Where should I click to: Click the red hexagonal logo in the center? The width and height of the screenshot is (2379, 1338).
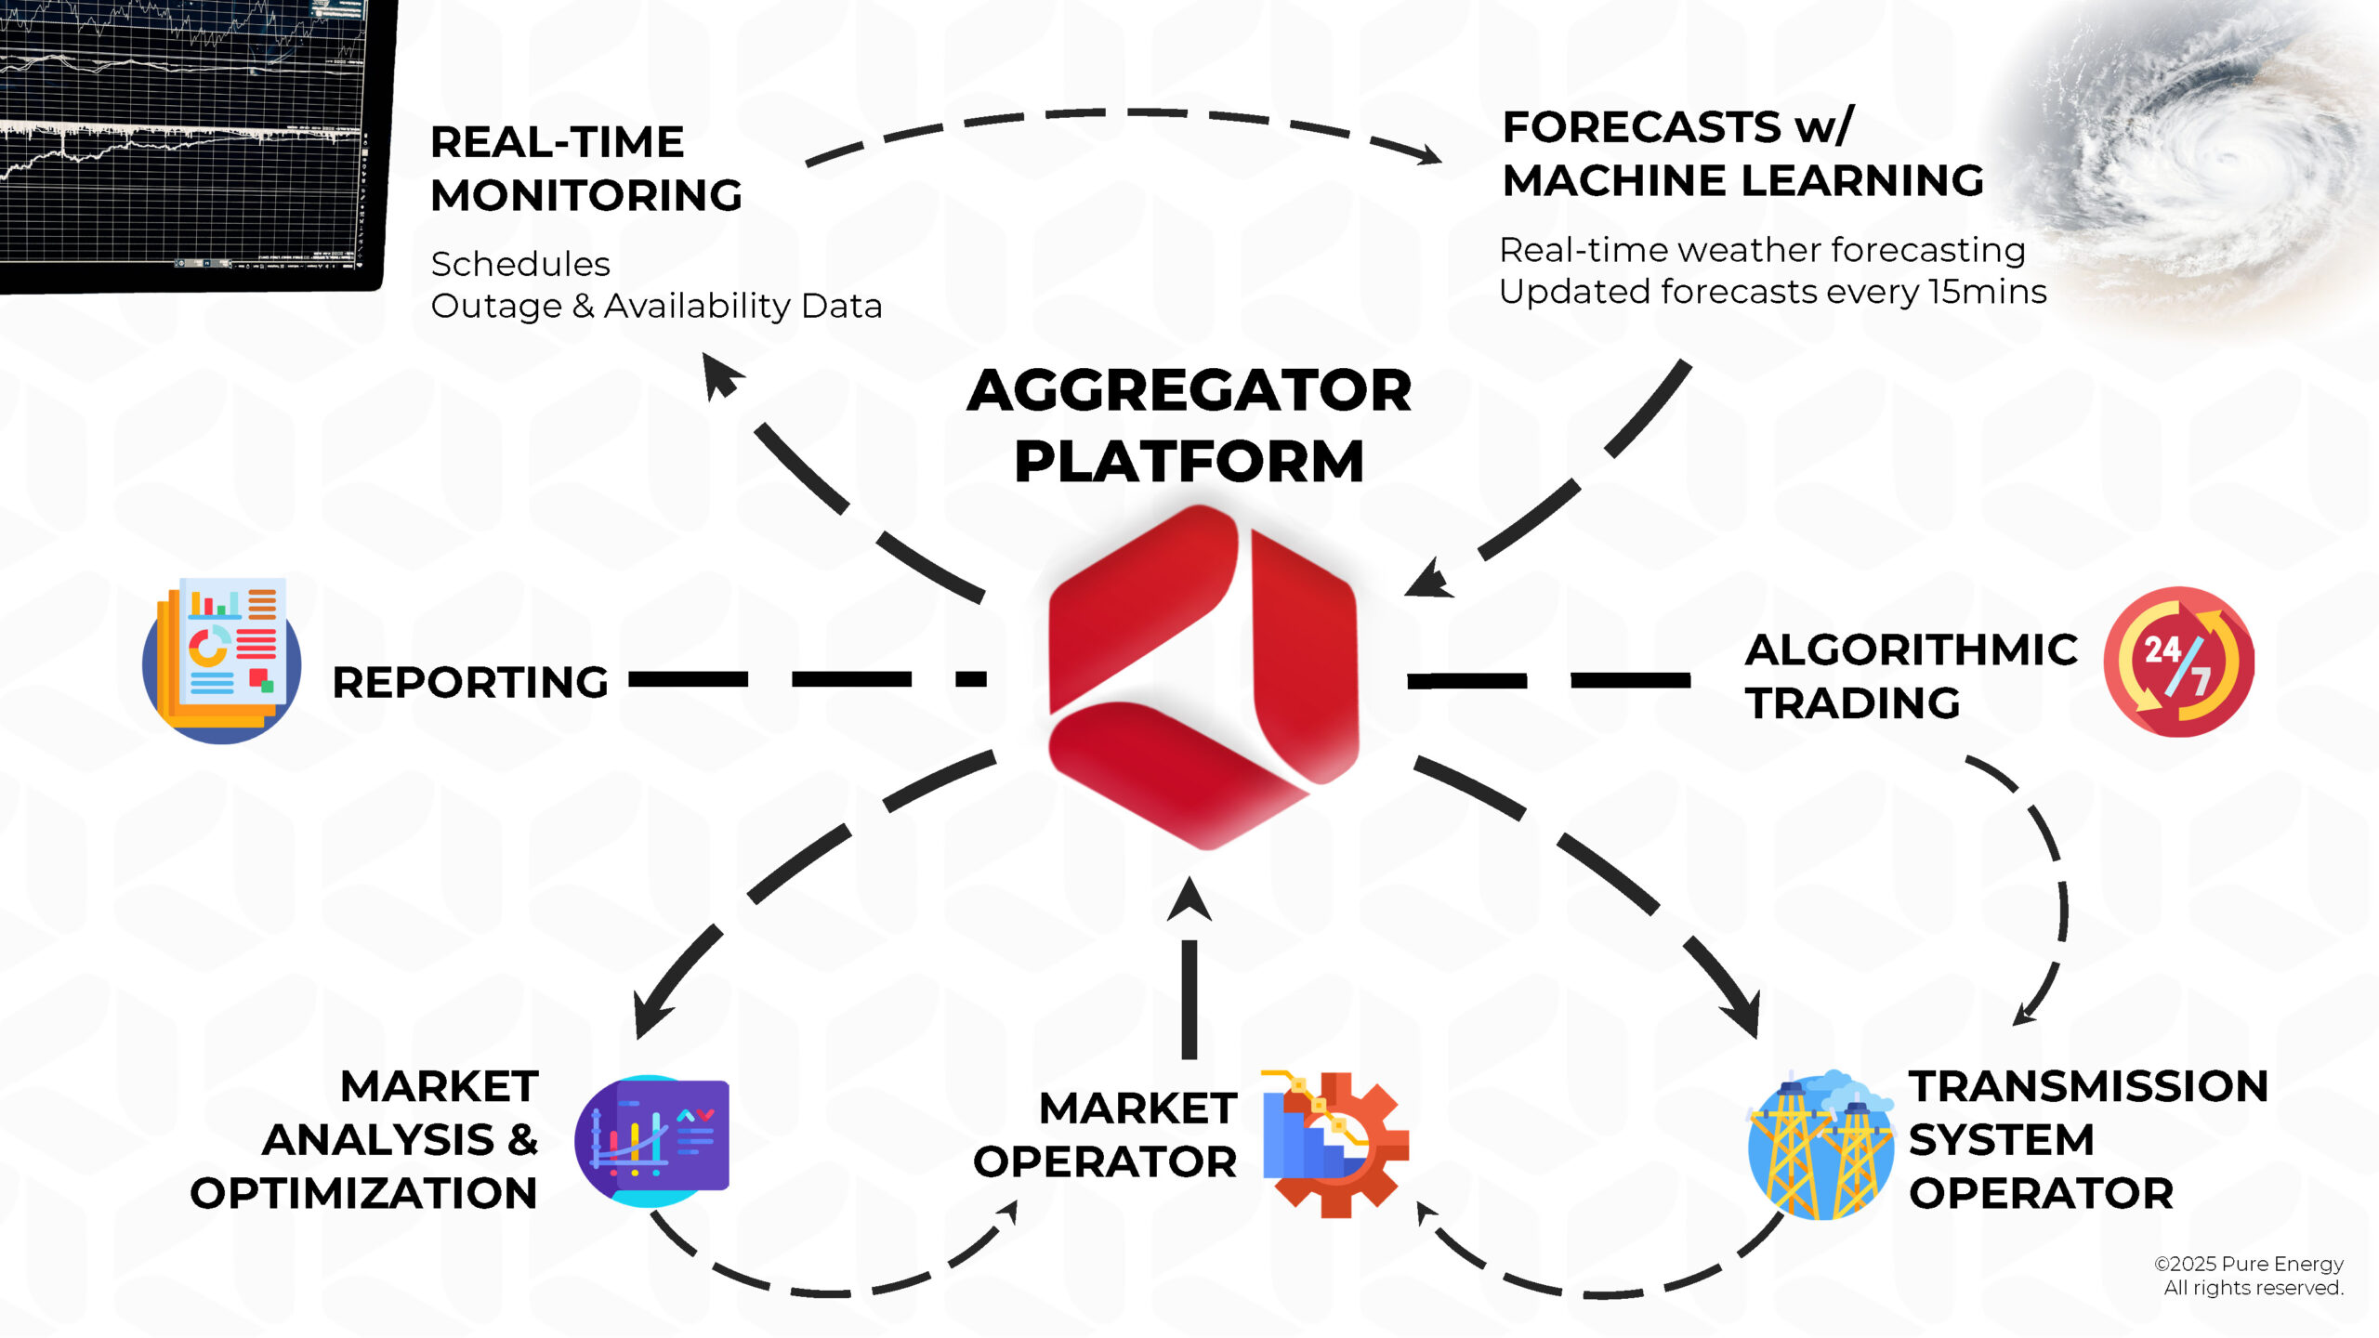[x=1204, y=676]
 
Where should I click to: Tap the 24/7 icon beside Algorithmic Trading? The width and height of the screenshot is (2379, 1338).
[x=2178, y=662]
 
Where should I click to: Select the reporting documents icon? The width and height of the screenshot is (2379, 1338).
[x=222, y=661]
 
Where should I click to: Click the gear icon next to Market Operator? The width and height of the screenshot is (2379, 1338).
[x=1335, y=1144]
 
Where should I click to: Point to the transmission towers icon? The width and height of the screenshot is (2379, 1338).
[x=1820, y=1145]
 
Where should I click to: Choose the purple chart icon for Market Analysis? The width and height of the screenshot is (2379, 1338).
[x=651, y=1141]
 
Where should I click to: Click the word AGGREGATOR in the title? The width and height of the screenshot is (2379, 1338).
[x=1189, y=390]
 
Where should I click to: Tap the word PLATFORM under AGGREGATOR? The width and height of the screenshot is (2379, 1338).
[x=1189, y=462]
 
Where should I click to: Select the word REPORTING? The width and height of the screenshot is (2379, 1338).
[x=470, y=682]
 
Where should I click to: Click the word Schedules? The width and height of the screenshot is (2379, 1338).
[x=520, y=264]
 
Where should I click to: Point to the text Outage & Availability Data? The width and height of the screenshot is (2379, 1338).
[x=656, y=306]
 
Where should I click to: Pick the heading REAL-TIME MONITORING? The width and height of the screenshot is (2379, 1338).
[x=586, y=168]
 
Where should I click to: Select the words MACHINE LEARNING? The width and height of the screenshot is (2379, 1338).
[x=1743, y=180]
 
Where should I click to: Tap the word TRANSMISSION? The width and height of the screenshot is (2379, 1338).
[x=2088, y=1086]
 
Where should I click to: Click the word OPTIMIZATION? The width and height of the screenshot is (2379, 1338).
[x=363, y=1193]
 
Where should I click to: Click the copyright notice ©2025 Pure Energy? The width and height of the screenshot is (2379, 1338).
[x=2249, y=1264]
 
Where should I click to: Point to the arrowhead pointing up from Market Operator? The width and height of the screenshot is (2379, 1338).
[x=1189, y=899]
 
